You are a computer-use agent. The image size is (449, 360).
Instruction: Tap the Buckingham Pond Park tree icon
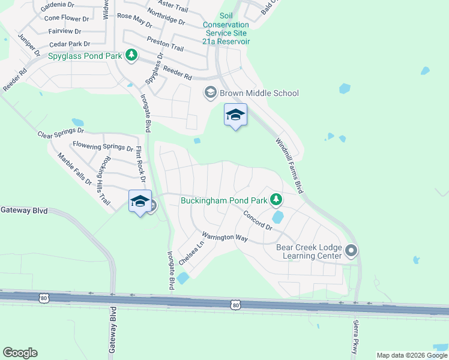[x=276, y=199]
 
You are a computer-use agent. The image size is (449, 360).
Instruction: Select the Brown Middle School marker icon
[x=210, y=92]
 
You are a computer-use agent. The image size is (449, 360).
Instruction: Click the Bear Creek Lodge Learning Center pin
[x=352, y=251]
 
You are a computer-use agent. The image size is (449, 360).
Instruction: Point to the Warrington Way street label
[x=224, y=237]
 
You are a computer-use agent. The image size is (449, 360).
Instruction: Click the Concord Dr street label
[x=258, y=221]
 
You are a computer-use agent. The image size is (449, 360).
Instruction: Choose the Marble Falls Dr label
[x=74, y=169]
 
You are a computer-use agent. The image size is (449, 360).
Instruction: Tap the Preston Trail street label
[x=165, y=44]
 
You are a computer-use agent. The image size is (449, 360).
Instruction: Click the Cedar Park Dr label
[x=70, y=44]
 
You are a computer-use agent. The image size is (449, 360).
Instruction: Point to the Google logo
[x=20, y=353]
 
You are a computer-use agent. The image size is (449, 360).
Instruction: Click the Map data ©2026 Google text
[x=412, y=355]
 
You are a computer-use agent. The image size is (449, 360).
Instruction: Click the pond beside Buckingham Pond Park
[x=277, y=217]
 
